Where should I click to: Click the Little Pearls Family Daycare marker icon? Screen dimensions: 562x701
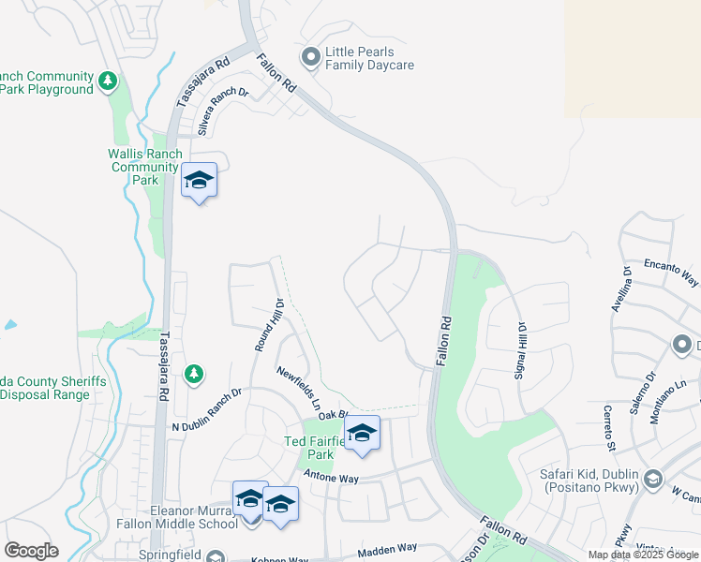coord(311,59)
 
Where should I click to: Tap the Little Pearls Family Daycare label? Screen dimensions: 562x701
coord(369,59)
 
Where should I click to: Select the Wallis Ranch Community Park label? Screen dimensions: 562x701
coord(142,167)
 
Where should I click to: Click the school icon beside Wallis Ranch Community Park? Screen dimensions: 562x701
coord(199,179)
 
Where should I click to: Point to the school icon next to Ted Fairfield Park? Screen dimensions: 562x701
coord(362,433)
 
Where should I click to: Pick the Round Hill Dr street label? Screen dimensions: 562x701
coord(268,324)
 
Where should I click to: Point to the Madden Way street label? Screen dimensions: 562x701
coord(387,548)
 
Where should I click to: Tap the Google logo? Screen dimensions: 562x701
coord(31,551)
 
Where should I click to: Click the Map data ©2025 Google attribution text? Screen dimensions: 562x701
coord(643,555)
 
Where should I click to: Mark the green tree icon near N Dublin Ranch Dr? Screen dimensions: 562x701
coord(194,375)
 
